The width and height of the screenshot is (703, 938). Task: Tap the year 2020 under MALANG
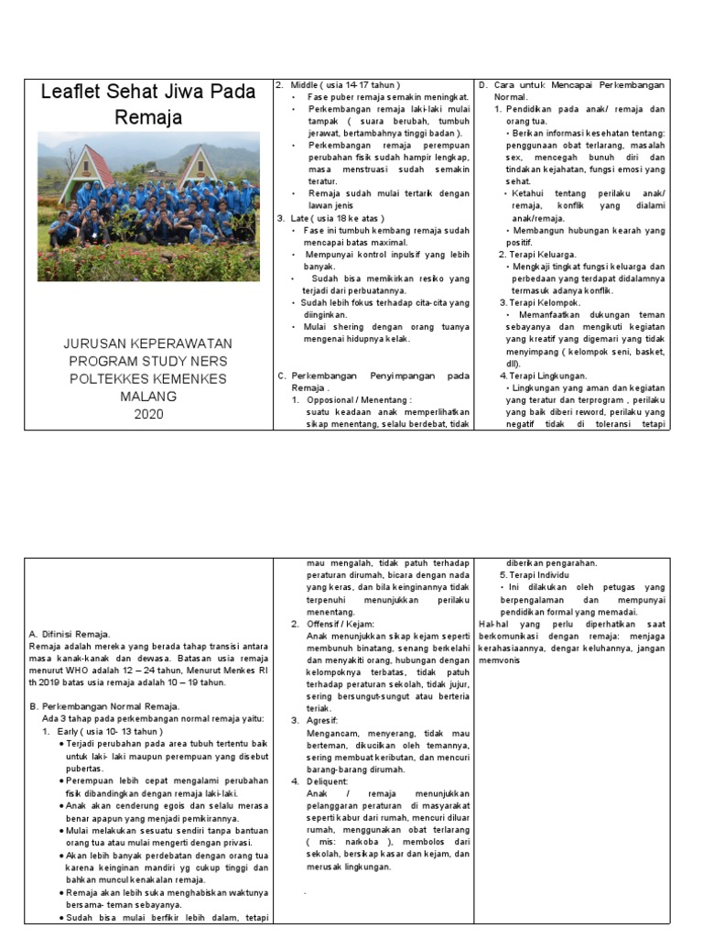tap(148, 413)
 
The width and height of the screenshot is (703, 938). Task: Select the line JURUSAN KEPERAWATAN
tap(148, 344)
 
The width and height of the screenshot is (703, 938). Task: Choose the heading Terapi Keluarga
tap(537, 254)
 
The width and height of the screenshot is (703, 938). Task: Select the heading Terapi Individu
tap(540, 574)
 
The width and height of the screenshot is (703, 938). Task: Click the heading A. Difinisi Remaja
tap(70, 633)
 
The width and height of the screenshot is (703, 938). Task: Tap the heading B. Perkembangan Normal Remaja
tap(104, 706)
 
